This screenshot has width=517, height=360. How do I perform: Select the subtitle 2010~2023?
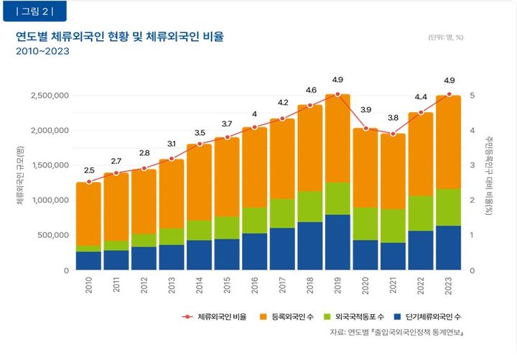[x=42, y=52]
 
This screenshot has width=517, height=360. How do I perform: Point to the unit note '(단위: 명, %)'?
[x=447, y=37]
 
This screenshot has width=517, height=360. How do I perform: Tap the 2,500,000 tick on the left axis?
[x=49, y=96]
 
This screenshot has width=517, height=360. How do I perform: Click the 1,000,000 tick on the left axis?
[x=49, y=200]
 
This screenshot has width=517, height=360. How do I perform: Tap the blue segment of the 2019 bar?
[x=337, y=242]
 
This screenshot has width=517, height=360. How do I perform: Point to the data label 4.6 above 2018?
[x=311, y=91]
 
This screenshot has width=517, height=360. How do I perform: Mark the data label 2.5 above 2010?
[x=89, y=170]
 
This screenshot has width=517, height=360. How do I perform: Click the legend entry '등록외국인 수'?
[x=293, y=316]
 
